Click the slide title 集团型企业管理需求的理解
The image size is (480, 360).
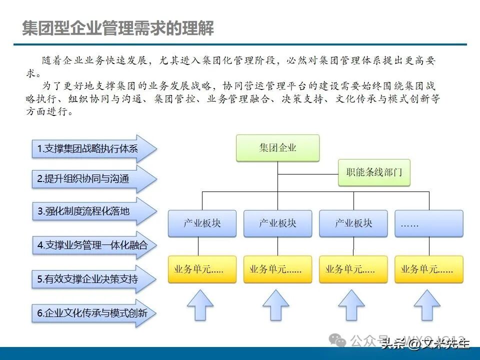point(118,28)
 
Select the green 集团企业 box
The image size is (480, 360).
point(277,148)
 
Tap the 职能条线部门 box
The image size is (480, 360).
point(374,173)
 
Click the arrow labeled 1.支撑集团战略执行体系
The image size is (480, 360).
point(90,148)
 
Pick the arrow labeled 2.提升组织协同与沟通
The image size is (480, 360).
point(90,179)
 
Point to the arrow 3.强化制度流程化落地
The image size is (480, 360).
point(90,211)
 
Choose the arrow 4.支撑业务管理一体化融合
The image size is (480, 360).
point(90,245)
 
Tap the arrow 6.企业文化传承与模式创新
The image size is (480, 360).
point(90,314)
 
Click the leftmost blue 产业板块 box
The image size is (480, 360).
point(202,223)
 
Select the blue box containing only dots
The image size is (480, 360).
point(429,223)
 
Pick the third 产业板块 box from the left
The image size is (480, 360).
point(353,223)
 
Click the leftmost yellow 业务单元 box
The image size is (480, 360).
point(202,269)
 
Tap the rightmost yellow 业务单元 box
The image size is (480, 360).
point(429,269)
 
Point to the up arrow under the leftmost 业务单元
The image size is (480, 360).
point(200,305)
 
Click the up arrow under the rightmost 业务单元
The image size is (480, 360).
point(427,305)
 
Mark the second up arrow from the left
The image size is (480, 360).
point(275,305)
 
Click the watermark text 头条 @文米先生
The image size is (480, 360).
point(425,343)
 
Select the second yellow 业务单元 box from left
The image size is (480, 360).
point(277,269)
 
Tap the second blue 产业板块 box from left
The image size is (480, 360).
point(277,223)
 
